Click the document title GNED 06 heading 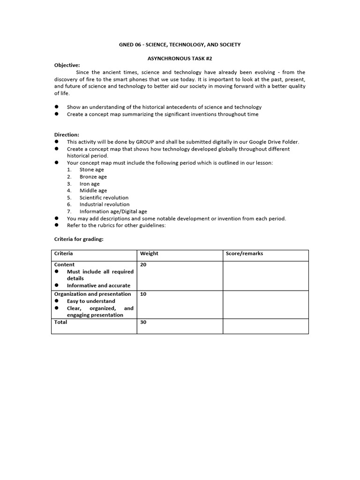click(x=180, y=45)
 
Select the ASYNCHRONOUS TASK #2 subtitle click(x=180, y=58)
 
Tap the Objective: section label click(x=67, y=65)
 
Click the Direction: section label click(x=67, y=135)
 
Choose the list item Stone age click(x=92, y=170)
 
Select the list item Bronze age click(x=93, y=177)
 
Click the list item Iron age click(x=90, y=184)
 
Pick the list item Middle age click(x=93, y=190)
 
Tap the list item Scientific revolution click(x=104, y=197)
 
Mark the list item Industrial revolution click(x=105, y=204)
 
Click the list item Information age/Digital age click(x=113, y=211)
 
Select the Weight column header click(x=149, y=254)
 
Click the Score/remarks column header click(x=244, y=254)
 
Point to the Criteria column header click(x=64, y=254)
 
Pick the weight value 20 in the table click(x=143, y=265)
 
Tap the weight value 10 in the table click(x=143, y=294)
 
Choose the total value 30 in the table click(x=143, y=322)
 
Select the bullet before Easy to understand click(x=57, y=301)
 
